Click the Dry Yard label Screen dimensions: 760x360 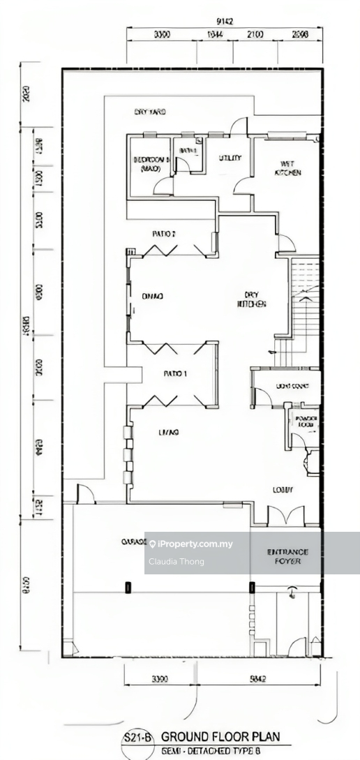[x=149, y=112]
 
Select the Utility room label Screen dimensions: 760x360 [x=230, y=158]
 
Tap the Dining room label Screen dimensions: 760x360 [x=152, y=297]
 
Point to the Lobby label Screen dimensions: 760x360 [x=283, y=490]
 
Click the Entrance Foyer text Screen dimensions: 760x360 [x=287, y=556]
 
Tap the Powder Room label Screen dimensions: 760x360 [x=306, y=422]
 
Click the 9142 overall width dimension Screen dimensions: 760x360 [x=225, y=22]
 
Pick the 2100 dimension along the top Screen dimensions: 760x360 [x=254, y=34]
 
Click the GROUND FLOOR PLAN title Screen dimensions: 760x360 [x=220, y=736]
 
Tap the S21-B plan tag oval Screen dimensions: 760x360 [x=137, y=738]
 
